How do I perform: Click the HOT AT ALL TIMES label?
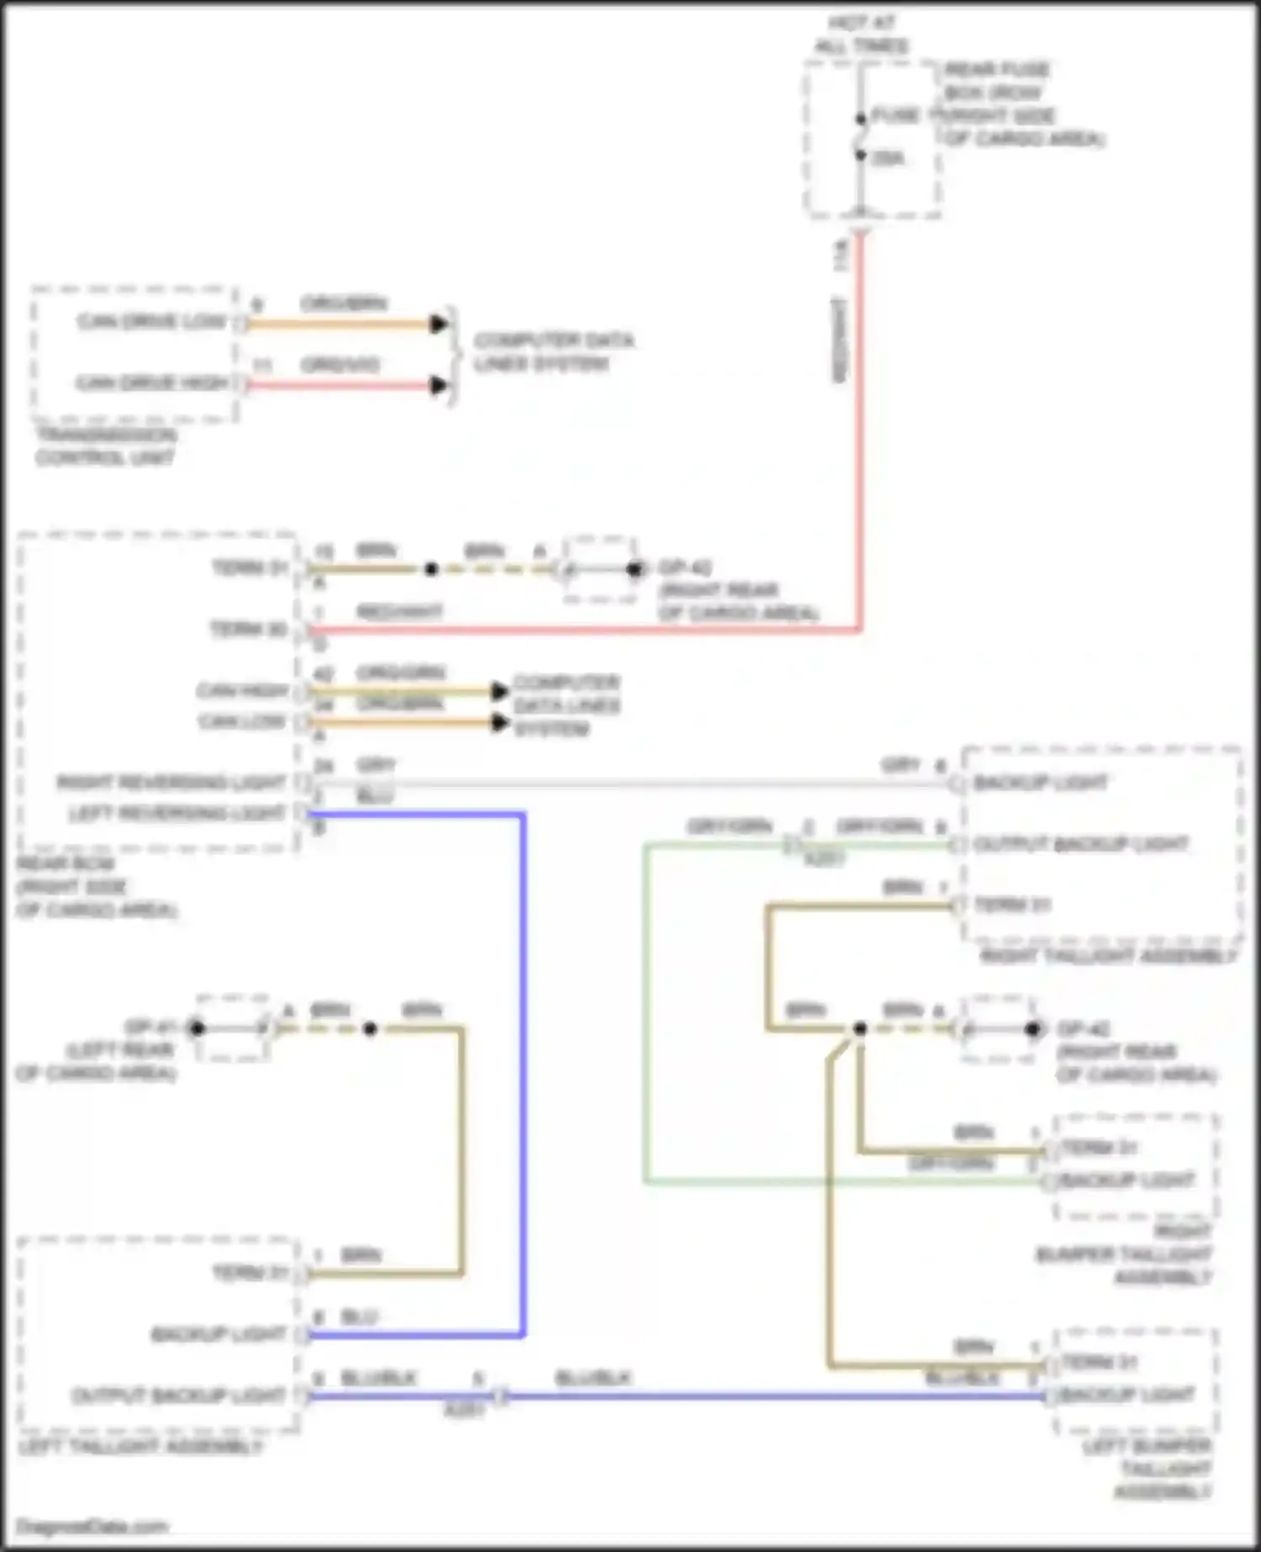point(862,34)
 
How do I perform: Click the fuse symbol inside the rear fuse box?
point(860,137)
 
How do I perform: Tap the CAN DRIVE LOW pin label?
point(152,322)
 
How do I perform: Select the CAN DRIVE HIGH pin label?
point(152,383)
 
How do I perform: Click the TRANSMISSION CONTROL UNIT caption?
point(105,446)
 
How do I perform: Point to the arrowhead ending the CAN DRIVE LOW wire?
point(438,324)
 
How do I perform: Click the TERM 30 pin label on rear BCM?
point(248,629)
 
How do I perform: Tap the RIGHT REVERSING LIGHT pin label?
point(171,783)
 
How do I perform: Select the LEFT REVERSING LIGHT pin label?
point(177,813)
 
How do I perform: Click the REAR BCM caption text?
point(97,887)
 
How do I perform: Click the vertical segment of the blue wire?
point(523,1068)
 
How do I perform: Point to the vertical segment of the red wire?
point(860,437)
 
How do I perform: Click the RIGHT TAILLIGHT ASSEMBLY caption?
point(1108,956)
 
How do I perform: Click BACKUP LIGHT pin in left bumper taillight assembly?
point(1126,1395)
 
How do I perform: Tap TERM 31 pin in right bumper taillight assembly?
point(1100,1148)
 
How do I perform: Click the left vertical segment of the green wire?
point(646,1009)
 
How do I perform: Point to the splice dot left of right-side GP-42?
point(859,1028)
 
